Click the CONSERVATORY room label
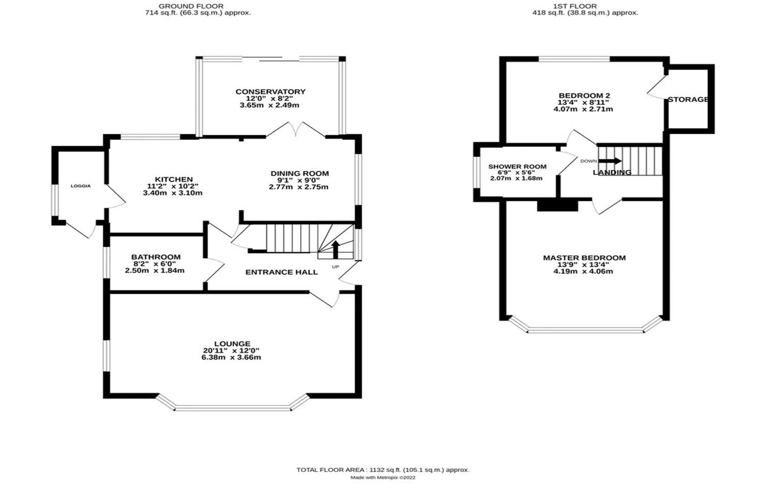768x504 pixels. click(270, 92)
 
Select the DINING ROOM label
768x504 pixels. click(299, 174)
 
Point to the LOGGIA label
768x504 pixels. click(81, 186)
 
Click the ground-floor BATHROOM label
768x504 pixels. click(155, 257)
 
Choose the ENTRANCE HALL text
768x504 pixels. click(281, 272)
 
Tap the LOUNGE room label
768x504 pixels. click(232, 344)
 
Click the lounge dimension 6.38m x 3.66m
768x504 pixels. click(231, 357)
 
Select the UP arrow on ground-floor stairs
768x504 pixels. click(335, 249)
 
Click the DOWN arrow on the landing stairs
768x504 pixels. click(610, 161)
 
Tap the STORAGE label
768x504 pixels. click(688, 99)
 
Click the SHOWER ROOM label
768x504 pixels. click(517, 166)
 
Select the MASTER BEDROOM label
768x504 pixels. click(584, 258)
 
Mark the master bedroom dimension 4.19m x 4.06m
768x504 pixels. click(583, 271)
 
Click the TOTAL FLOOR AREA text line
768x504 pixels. click(382, 470)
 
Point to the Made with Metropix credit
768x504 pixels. click(382, 478)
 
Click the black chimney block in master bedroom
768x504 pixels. click(557, 205)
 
